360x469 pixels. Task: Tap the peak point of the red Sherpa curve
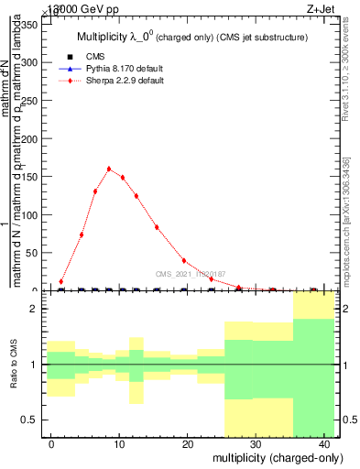pyautogui.click(x=109, y=169)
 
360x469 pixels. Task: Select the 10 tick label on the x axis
pyautogui.click(x=119, y=443)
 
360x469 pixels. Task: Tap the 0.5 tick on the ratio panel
pyautogui.click(x=27, y=420)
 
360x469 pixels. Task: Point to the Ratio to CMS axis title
pyautogui.click(x=14, y=365)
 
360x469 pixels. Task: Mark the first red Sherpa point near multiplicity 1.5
pyautogui.click(x=61, y=281)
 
